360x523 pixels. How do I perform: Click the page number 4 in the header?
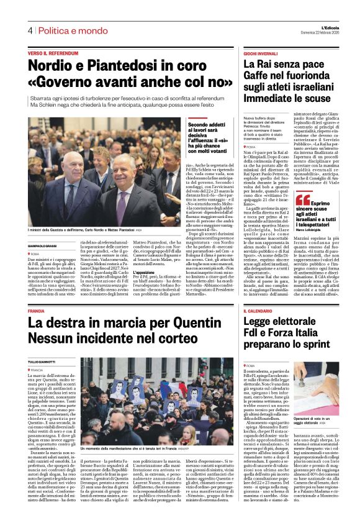(29, 30)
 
